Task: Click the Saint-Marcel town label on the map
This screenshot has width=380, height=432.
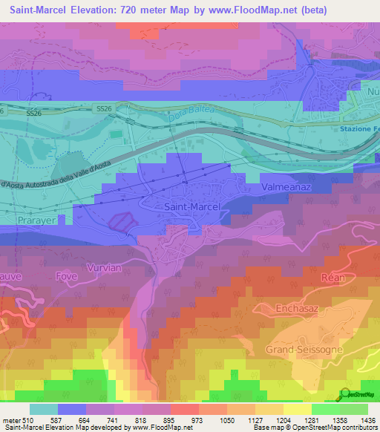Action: [191, 207]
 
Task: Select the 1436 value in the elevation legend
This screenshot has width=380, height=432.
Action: [367, 421]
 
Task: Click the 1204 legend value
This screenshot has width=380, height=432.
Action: [283, 421]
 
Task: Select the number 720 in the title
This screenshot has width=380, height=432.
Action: [138, 10]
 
